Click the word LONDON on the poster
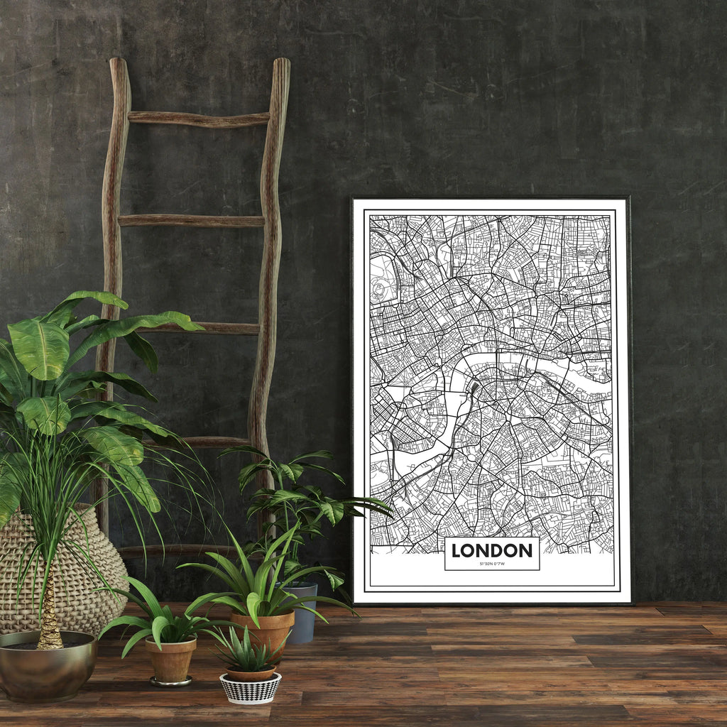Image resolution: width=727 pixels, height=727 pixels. (x=491, y=550)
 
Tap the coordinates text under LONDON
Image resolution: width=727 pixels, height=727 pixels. (x=491, y=564)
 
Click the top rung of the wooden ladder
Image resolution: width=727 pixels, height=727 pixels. (x=198, y=119)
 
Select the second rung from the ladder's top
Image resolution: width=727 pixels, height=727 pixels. (x=191, y=221)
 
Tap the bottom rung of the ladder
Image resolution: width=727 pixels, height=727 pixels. (x=177, y=550)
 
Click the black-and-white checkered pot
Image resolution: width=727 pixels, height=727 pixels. (x=250, y=688)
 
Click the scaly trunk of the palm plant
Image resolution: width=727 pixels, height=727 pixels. (x=49, y=618)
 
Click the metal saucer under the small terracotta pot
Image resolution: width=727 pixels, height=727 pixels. (x=170, y=682)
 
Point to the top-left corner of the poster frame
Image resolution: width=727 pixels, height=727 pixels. (x=354, y=199)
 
